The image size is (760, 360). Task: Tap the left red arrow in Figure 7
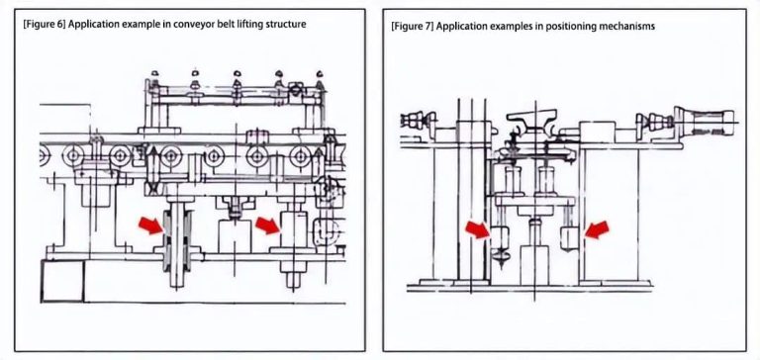(x=477, y=231)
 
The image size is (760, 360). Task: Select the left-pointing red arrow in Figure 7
(x=597, y=230)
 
